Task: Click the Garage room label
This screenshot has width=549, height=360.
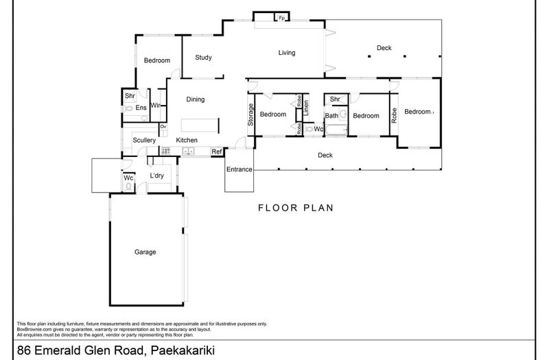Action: point(145,252)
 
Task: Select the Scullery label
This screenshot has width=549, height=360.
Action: point(145,141)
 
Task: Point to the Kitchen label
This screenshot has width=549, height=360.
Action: point(187,141)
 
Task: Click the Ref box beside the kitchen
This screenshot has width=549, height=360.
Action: point(216,152)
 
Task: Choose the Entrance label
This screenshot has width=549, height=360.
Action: point(240,169)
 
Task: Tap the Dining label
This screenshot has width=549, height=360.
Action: point(196,100)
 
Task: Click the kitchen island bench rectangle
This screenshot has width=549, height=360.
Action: point(200,125)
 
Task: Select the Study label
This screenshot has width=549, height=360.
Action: point(203,58)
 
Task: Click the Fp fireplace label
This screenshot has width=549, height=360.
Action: point(281,19)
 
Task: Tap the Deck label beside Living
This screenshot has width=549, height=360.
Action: point(384,48)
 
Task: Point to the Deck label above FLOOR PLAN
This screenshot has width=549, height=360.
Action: point(325,156)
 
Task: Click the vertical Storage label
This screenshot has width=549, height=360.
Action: point(251,115)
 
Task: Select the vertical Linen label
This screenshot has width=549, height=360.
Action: point(307,107)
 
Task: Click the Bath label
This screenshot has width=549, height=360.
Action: point(331,116)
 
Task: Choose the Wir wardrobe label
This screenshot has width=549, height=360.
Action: point(156,106)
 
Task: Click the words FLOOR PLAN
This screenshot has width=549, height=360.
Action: point(296,208)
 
